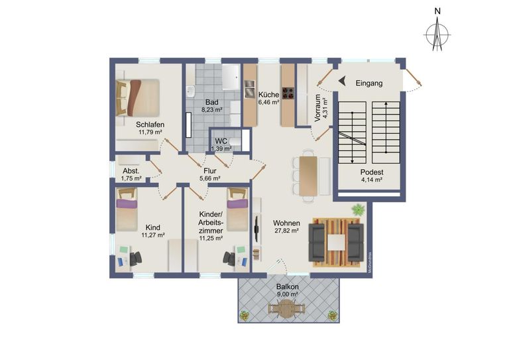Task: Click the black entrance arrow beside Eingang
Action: pos(343,81)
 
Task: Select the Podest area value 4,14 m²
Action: pos(372,179)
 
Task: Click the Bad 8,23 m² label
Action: pos(212,106)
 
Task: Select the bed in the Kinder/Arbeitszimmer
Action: pos(237,208)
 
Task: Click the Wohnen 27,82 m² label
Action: pos(286,227)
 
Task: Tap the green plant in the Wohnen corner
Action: pos(358,210)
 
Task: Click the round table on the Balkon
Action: pos(286,308)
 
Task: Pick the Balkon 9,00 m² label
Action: pos(287,290)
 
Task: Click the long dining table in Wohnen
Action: pos(308,173)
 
